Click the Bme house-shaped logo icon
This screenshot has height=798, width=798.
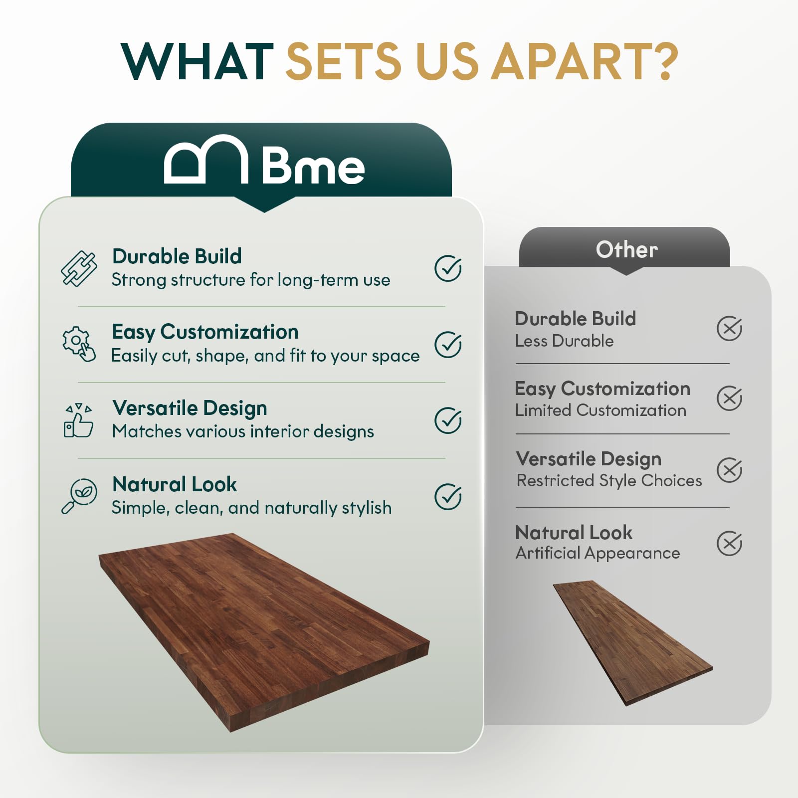coord(206,160)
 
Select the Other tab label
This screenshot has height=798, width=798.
coord(626,249)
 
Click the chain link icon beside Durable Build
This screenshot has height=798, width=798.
coord(79,269)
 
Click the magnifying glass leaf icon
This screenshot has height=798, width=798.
coord(79,496)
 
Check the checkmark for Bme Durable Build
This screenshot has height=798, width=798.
coord(448,268)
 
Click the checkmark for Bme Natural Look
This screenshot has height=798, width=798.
coord(448,496)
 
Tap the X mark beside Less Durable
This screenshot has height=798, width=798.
coord(729,328)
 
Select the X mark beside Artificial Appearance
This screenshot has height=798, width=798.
coord(729,543)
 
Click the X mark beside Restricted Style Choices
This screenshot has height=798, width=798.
coord(729,470)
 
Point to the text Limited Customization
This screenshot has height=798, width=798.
coord(600,410)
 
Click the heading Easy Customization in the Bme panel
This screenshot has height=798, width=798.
coord(205,332)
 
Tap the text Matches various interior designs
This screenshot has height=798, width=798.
coord(243,431)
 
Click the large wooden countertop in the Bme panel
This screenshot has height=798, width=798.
coord(264,628)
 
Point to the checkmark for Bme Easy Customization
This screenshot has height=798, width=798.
coord(448,345)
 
